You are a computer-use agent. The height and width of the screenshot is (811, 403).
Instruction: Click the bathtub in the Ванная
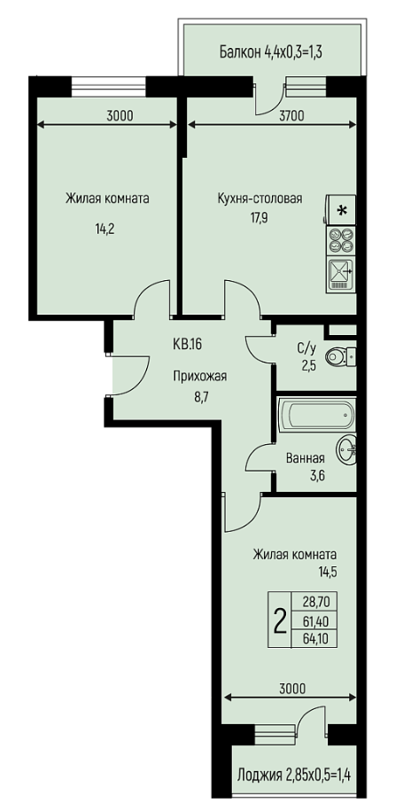pyautogui.click(x=316, y=415)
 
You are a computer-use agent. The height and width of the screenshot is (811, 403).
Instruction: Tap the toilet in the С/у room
pyautogui.click(x=340, y=356)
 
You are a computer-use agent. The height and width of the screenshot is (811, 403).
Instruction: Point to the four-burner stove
pyautogui.click(x=341, y=240)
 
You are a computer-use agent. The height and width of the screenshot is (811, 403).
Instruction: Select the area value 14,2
pyautogui.click(x=105, y=230)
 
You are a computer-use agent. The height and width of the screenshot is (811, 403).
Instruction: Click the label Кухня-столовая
pyautogui.click(x=260, y=199)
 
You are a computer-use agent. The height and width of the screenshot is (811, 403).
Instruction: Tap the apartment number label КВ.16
pyautogui.click(x=187, y=345)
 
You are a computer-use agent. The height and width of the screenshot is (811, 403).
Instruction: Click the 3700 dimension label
pyautogui.click(x=291, y=115)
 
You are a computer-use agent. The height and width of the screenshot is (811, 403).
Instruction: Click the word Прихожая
pyautogui.click(x=199, y=377)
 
